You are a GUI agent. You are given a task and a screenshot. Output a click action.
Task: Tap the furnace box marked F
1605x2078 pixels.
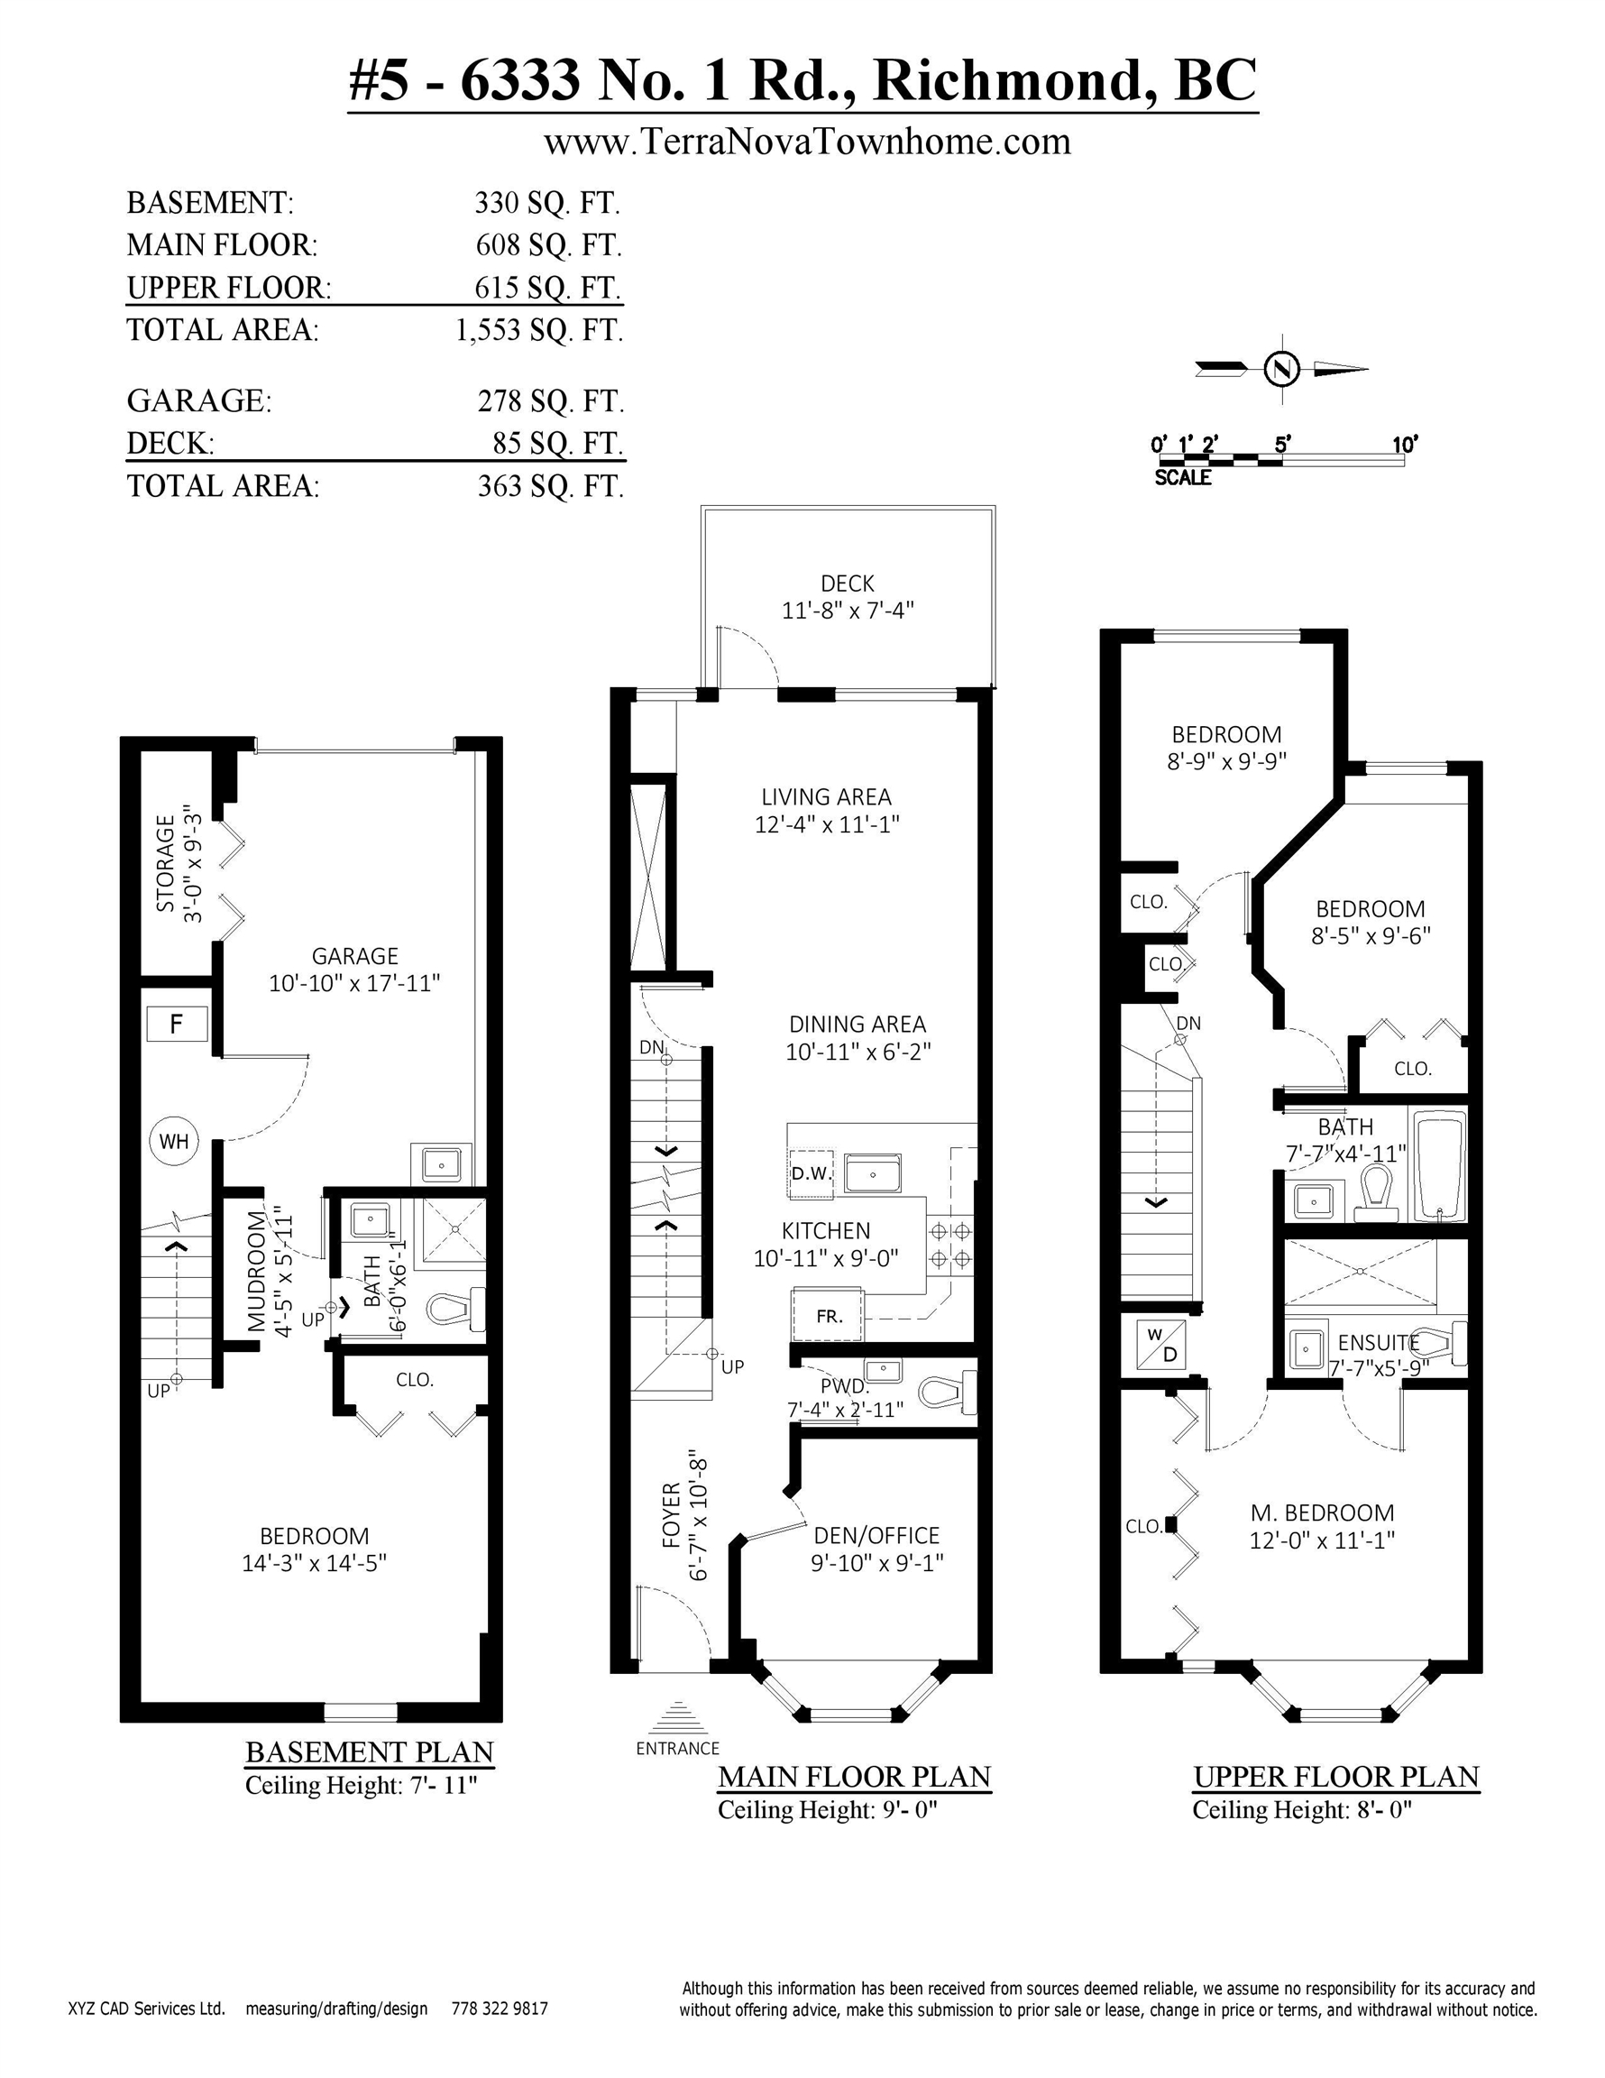(177, 1024)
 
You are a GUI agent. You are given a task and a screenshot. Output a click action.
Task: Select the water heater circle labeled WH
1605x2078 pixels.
(174, 1141)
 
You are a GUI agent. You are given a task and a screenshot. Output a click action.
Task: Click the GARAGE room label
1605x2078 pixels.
(355, 956)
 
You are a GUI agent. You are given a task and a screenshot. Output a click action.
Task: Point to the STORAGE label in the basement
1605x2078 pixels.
(167, 862)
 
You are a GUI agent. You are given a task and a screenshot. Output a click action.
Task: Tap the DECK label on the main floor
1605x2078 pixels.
(847, 584)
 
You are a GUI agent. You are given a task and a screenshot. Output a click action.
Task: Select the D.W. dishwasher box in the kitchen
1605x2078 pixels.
(811, 1173)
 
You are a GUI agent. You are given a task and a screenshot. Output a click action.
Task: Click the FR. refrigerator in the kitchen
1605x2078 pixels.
(828, 1316)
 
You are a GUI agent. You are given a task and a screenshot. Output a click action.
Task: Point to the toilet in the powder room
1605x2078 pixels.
(948, 1390)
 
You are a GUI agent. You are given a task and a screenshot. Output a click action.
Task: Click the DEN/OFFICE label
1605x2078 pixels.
(876, 1536)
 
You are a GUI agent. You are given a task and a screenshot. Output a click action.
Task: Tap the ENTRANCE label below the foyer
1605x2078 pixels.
(677, 1748)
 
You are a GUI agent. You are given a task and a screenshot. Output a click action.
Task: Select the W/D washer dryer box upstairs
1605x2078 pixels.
(1160, 1345)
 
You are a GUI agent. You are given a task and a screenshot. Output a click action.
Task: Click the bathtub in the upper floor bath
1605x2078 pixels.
(1439, 1164)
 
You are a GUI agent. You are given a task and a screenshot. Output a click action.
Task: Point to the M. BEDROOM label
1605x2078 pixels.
(1322, 1513)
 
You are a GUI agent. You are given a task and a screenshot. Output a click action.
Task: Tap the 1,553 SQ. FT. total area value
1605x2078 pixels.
(539, 330)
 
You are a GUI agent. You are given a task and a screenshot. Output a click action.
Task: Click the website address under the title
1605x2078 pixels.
(807, 142)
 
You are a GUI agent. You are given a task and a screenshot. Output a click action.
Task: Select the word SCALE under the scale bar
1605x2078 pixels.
(1183, 478)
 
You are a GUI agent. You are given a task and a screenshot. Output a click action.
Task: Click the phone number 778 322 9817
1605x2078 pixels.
(500, 2009)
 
